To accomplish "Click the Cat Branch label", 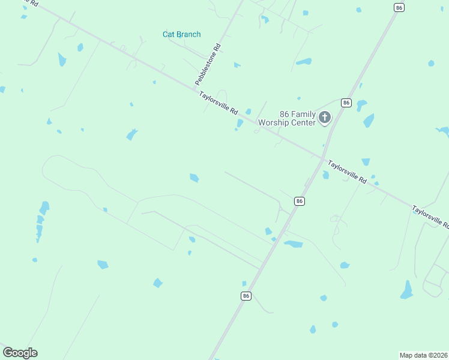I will tap(181, 34).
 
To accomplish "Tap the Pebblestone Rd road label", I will tap(208, 64).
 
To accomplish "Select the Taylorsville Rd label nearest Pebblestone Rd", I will tap(219, 103).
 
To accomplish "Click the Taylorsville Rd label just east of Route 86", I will tap(347, 170).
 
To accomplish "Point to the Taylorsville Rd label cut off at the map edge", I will tap(430, 217).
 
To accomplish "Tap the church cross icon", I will tap(325, 117).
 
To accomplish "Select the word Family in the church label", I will tap(303, 114).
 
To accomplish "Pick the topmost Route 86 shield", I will tap(400, 7).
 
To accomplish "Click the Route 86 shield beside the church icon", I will tap(346, 103).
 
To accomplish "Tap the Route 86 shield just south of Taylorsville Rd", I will tap(300, 201).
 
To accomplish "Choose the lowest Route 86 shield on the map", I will tap(246, 296).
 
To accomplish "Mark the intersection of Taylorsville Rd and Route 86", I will tap(319, 158).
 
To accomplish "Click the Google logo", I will tap(20, 353).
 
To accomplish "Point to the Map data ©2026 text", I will tap(423, 355).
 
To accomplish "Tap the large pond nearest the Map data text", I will tap(407, 290).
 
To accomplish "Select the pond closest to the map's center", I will tap(194, 178).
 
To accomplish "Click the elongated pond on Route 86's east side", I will tap(294, 244).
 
